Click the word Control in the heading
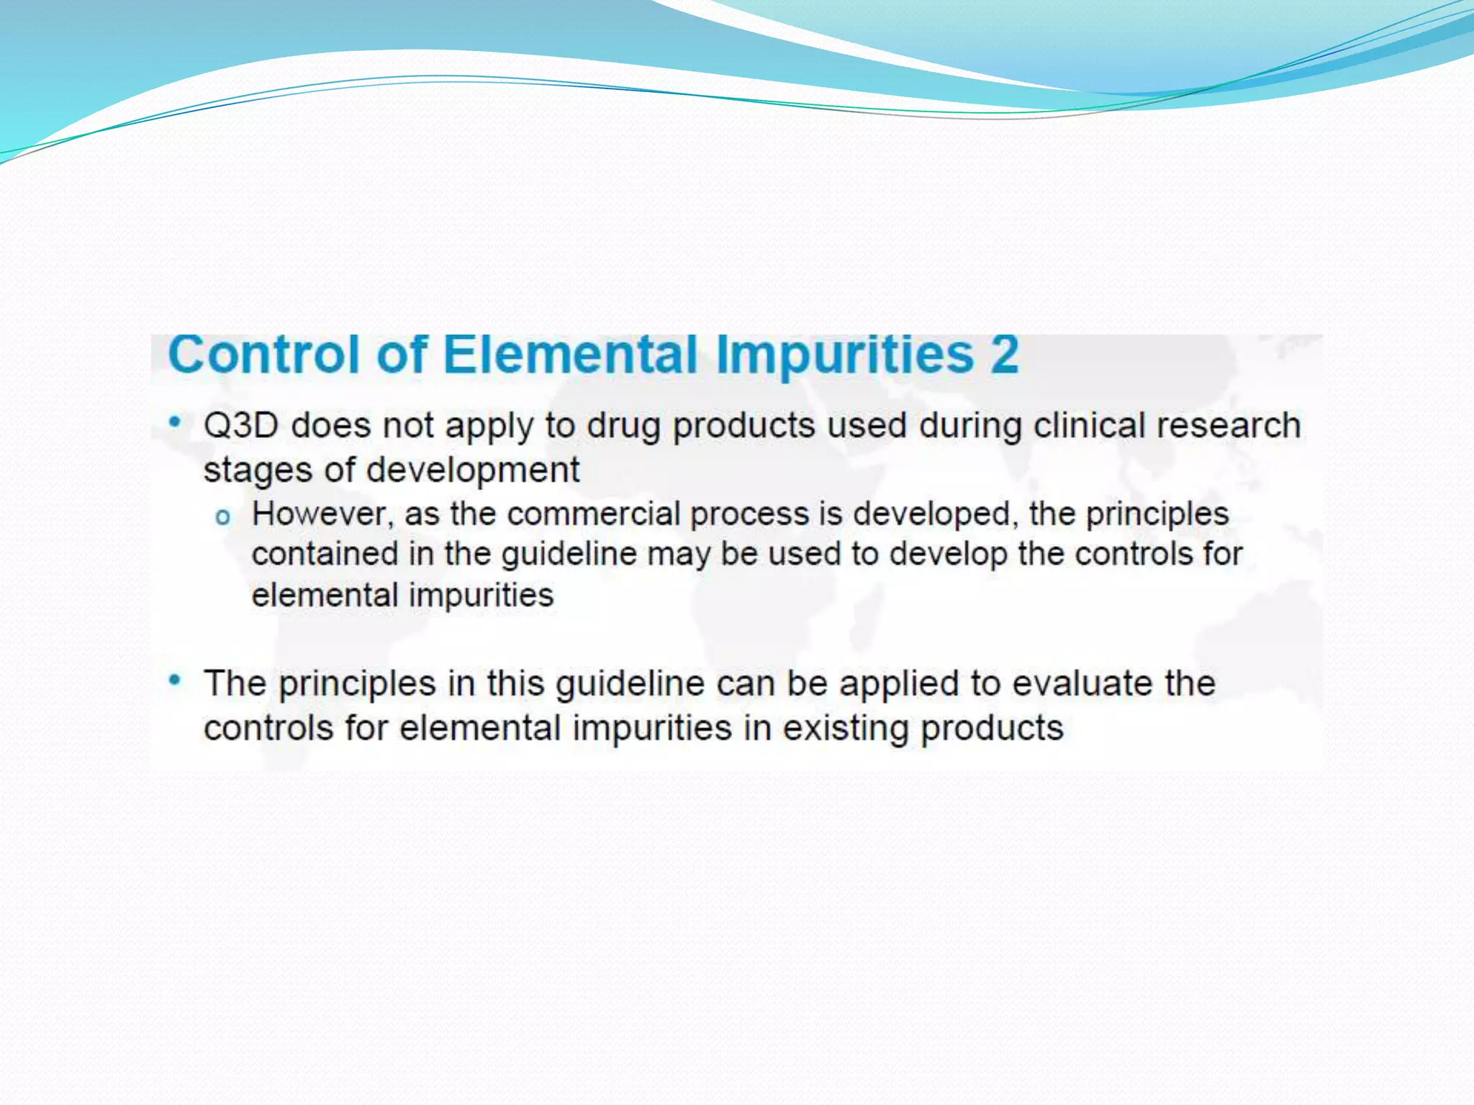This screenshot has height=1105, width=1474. point(263,355)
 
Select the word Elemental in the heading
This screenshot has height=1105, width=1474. point(570,355)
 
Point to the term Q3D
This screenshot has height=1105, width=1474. point(240,425)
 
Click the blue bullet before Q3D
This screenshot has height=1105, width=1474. point(174,422)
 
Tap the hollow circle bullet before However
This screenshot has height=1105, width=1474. point(223,517)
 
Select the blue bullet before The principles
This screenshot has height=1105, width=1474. point(174,680)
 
